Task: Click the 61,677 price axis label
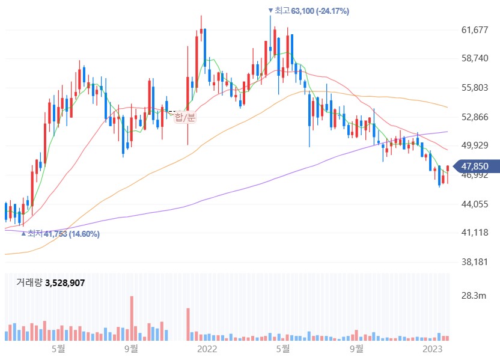pyautogui.click(x=475, y=30)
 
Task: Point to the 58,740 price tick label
pyautogui.click(x=475, y=58)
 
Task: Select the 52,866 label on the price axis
pyautogui.click(x=475, y=117)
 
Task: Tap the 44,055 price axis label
pyautogui.click(x=475, y=204)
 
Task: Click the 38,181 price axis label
pyautogui.click(x=475, y=262)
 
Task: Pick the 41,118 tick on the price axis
pyautogui.click(x=475, y=233)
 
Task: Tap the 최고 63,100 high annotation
pyautogui.click(x=309, y=11)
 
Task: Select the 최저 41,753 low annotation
pyautogui.click(x=60, y=234)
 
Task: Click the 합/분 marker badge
pyautogui.click(x=185, y=117)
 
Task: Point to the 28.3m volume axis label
pyautogui.click(x=474, y=296)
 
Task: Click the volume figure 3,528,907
pyautogui.click(x=65, y=283)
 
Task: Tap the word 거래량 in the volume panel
pyautogui.click(x=29, y=282)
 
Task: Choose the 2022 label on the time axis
pyautogui.click(x=207, y=349)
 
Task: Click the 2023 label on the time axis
pyautogui.click(x=433, y=349)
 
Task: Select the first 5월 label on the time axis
pyautogui.click(x=58, y=349)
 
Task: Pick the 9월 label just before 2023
pyautogui.click(x=356, y=349)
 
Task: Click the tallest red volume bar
pyautogui.click(x=132, y=318)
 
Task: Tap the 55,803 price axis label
pyautogui.click(x=475, y=88)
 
